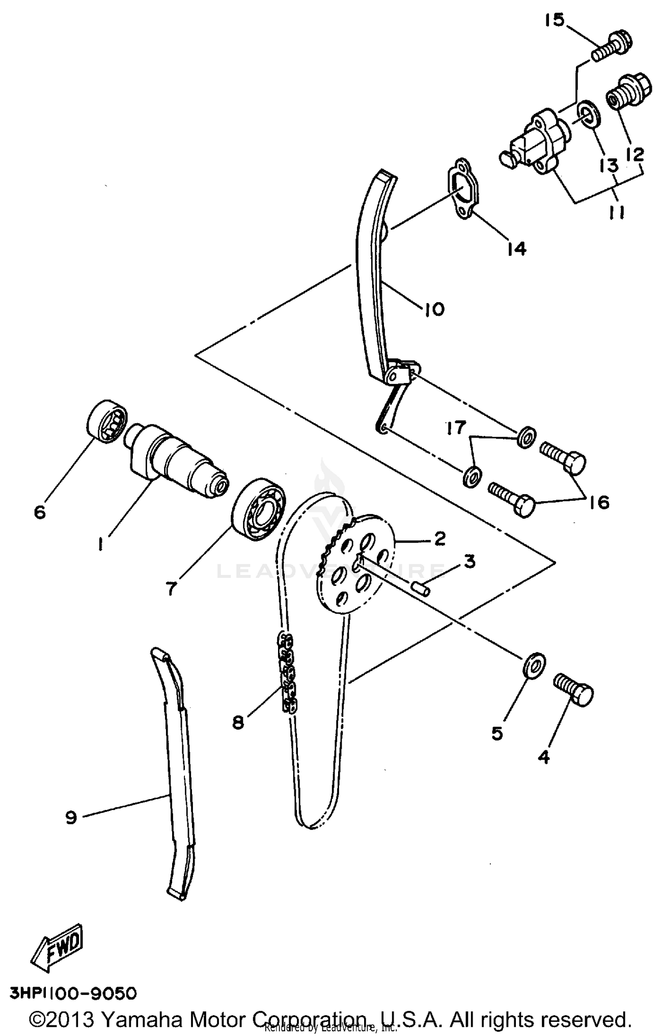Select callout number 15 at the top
(554, 20)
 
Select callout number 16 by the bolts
(599, 503)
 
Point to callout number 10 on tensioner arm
(434, 309)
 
